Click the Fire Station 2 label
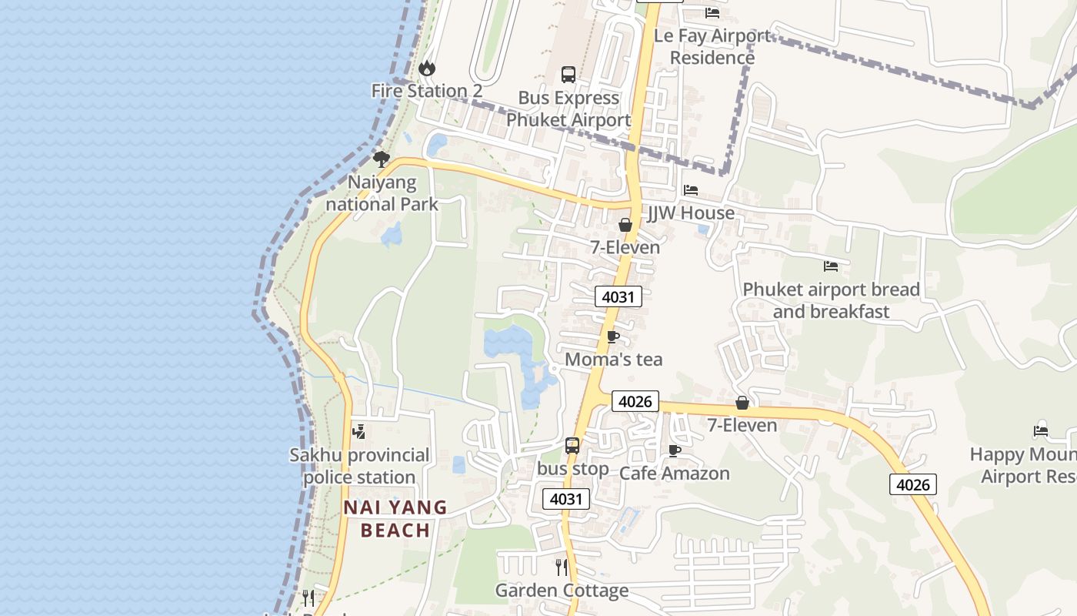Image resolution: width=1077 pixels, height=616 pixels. pyautogui.click(x=427, y=91)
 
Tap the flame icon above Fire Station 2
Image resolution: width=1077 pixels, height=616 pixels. pyautogui.click(x=427, y=69)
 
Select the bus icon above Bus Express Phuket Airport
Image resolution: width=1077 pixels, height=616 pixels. pyautogui.click(x=569, y=75)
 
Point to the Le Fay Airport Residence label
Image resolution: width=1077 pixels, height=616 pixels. pyautogui.click(x=712, y=46)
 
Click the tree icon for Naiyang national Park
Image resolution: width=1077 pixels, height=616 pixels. pyautogui.click(x=381, y=159)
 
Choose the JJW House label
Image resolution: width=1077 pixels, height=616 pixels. pyautogui.click(x=691, y=213)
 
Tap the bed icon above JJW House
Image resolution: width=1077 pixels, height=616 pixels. pyautogui.click(x=691, y=190)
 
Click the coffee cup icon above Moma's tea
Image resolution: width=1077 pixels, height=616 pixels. pyautogui.click(x=613, y=336)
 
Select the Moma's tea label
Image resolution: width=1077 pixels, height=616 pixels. pyautogui.click(x=613, y=360)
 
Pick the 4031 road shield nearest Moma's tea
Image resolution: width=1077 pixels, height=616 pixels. pyautogui.click(x=619, y=296)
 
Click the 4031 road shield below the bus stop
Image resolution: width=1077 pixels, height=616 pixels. pyautogui.click(x=567, y=499)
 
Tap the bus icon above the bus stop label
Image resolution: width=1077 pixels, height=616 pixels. pyautogui.click(x=572, y=446)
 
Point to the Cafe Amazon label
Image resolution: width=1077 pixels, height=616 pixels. pyautogui.click(x=675, y=474)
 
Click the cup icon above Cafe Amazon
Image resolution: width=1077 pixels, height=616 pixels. pyautogui.click(x=675, y=450)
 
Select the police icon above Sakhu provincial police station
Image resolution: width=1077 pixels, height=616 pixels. pyautogui.click(x=358, y=432)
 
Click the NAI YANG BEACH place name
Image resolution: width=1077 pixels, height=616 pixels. pyautogui.click(x=395, y=518)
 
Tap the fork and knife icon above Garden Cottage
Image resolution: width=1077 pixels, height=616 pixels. pyautogui.click(x=562, y=567)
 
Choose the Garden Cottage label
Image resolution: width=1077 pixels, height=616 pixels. pyautogui.click(x=562, y=591)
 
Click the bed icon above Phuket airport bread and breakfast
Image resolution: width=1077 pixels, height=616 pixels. pyautogui.click(x=831, y=266)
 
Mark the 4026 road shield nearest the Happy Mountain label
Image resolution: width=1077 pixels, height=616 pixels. pyautogui.click(x=913, y=484)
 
